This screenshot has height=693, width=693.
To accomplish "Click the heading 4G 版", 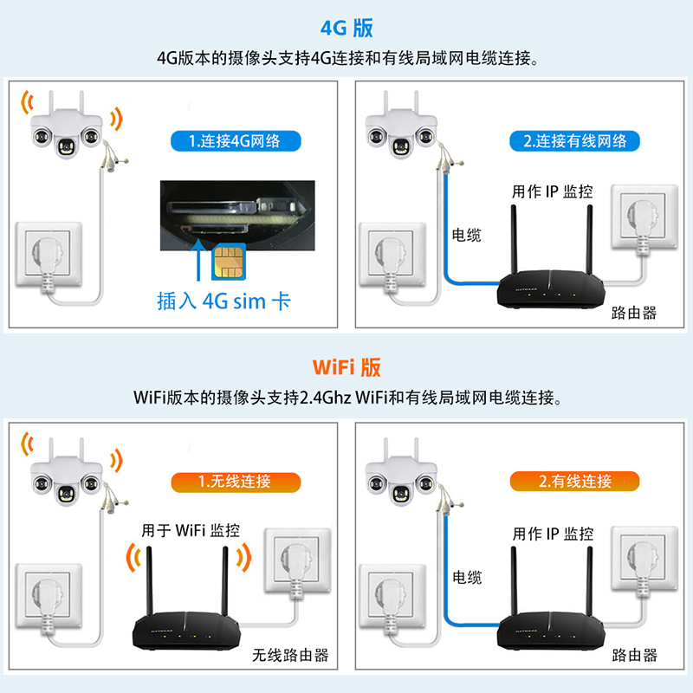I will point(346,28).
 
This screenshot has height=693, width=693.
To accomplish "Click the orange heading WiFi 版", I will point(346,367).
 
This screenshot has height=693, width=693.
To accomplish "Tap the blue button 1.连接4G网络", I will point(234,141).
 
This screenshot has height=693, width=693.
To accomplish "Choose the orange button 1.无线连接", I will point(234,482).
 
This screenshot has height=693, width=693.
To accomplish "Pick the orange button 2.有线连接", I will point(575,482).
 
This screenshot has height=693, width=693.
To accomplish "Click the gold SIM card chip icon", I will point(228,258).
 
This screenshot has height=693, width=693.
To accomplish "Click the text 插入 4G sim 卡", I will point(223,301).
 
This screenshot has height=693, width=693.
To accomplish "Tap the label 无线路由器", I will point(290,655).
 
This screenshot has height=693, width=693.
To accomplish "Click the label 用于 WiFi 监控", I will point(191,529).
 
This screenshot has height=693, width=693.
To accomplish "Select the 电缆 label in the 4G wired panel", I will point(466,235).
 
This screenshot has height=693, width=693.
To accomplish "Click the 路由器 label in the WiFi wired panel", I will point(634,655).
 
